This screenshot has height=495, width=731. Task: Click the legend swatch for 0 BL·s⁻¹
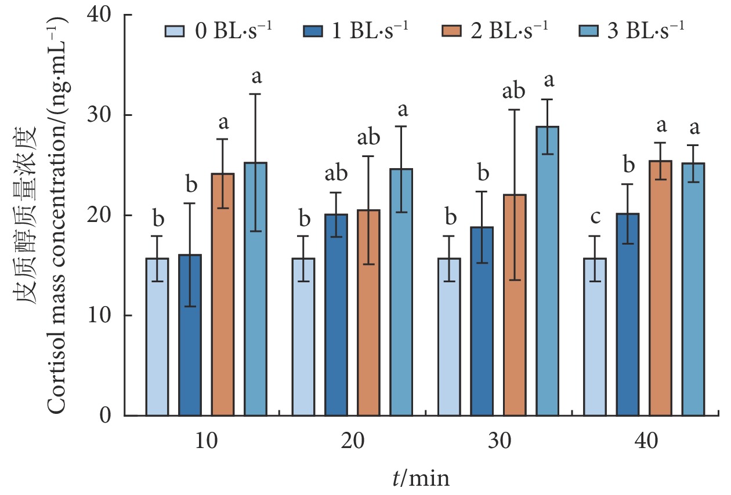point(174,30)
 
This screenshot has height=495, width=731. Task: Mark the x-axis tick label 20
point(352,442)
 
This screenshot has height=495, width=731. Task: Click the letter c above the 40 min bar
point(595,219)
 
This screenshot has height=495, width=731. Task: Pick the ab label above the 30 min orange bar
point(513,92)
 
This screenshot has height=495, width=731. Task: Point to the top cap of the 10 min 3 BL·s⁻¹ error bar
point(256,94)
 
